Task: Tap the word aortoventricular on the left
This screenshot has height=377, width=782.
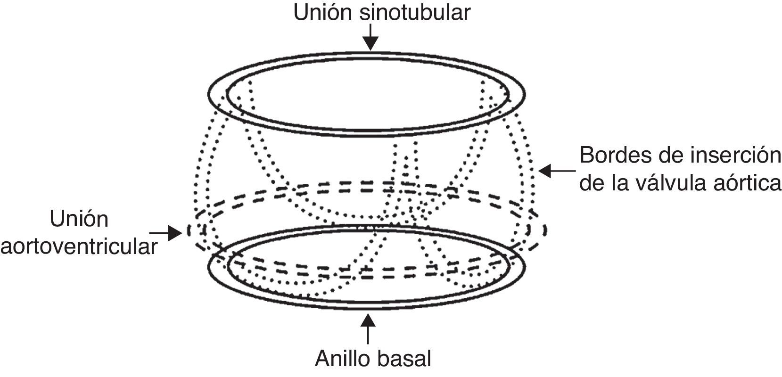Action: (78, 246)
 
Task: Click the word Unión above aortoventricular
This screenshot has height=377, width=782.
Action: (79, 220)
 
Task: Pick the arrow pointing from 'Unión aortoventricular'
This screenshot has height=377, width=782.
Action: (165, 232)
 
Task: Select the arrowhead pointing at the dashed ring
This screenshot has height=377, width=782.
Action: (179, 232)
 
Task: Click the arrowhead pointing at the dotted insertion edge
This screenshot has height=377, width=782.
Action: (541, 171)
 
